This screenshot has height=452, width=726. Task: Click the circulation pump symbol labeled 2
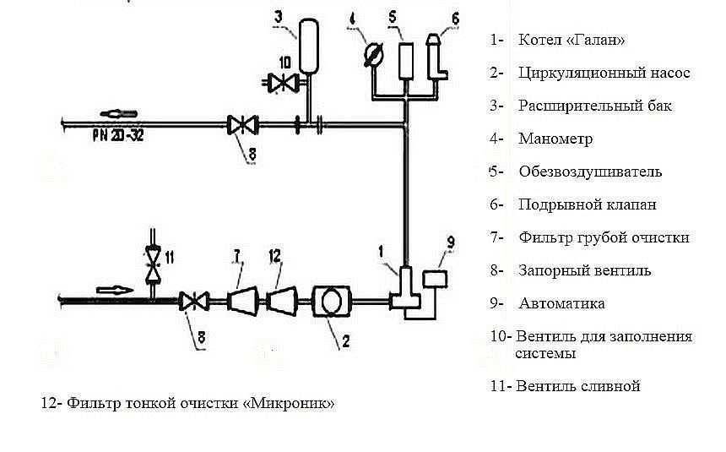pos(329,300)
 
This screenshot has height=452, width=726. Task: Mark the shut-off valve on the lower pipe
pos(197,299)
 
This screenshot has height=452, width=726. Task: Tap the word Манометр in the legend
pos(555,139)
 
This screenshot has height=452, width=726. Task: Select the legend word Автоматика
pos(561,303)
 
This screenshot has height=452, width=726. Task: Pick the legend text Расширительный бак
pos(595,106)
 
